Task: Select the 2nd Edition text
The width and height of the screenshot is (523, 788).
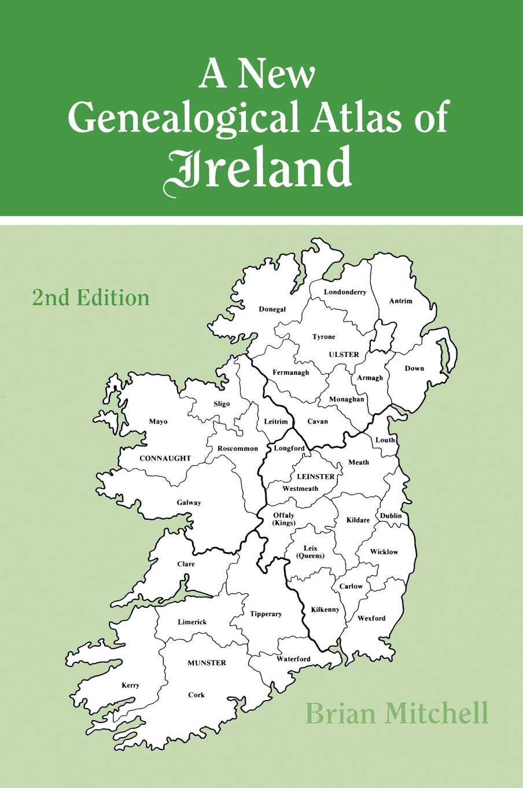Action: [91, 298]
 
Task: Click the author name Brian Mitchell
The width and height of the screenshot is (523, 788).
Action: [397, 713]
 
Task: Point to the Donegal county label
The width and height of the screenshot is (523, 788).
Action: [272, 309]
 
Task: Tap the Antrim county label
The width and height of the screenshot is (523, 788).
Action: [401, 301]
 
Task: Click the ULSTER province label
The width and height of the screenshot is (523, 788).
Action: [344, 355]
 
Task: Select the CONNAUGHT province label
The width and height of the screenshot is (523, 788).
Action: [165, 458]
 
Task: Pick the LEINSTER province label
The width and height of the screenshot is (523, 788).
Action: [315, 477]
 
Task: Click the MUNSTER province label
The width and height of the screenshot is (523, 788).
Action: [207, 663]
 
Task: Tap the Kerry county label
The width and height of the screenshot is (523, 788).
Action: [130, 685]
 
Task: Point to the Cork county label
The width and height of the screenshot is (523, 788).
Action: [196, 695]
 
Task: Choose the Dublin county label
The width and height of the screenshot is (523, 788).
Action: [391, 516]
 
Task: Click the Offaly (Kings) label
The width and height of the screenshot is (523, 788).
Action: [283, 519]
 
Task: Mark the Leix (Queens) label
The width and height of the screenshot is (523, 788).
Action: [310, 552]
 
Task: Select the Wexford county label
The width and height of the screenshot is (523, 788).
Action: [371, 618]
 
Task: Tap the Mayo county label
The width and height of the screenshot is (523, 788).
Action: [158, 421]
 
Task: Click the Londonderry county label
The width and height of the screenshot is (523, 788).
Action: [345, 292]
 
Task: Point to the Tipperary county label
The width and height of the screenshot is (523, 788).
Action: [266, 614]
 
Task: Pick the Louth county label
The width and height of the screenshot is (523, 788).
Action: [385, 440]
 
